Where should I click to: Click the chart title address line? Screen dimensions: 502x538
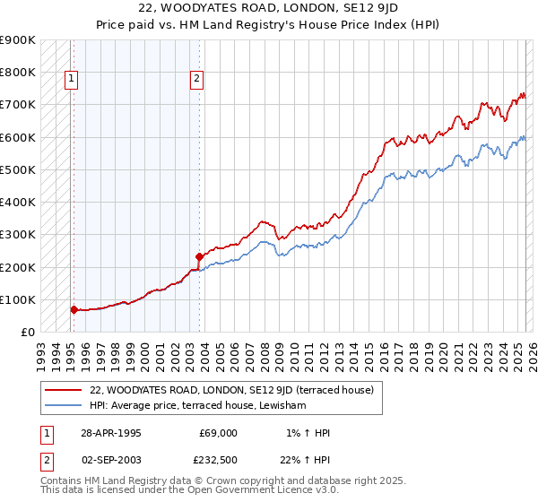coord(268,9)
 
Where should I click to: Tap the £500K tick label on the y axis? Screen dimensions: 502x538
coord(18,169)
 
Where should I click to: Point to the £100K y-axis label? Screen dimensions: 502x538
coord(18,299)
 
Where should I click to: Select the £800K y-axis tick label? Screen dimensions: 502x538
coord(18,72)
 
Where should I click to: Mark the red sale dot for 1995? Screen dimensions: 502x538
coord(74,309)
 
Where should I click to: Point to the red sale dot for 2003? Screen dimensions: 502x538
coord(199,256)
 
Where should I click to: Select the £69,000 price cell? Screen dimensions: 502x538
coord(218,433)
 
